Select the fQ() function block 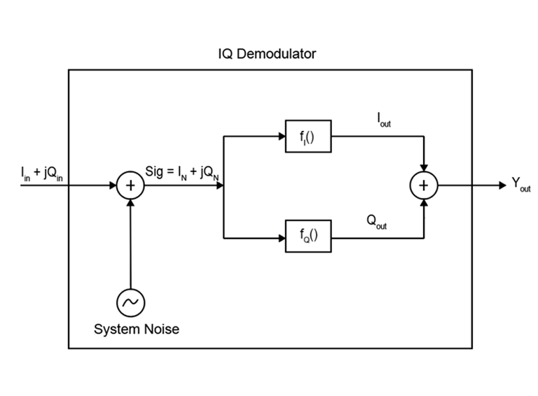[x=308, y=236]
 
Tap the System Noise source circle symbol [x=130, y=302]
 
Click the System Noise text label [x=137, y=329]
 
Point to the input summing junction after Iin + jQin [x=130, y=185]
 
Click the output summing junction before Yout [x=423, y=185]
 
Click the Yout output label [x=520, y=185]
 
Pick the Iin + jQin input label [x=42, y=173]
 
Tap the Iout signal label [x=382, y=120]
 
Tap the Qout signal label [x=377, y=222]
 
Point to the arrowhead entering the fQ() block [x=280, y=236]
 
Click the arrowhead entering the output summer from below [x=423, y=203]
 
